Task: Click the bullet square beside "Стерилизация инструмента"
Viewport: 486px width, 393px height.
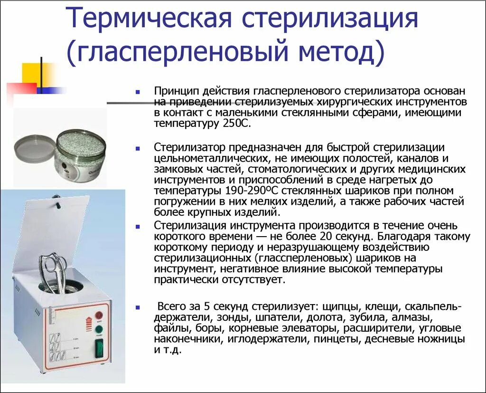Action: (x=137, y=226)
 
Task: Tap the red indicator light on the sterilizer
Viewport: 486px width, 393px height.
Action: (x=99, y=315)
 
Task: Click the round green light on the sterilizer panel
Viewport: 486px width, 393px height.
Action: (x=99, y=329)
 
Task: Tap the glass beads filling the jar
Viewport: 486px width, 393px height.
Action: (x=78, y=141)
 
